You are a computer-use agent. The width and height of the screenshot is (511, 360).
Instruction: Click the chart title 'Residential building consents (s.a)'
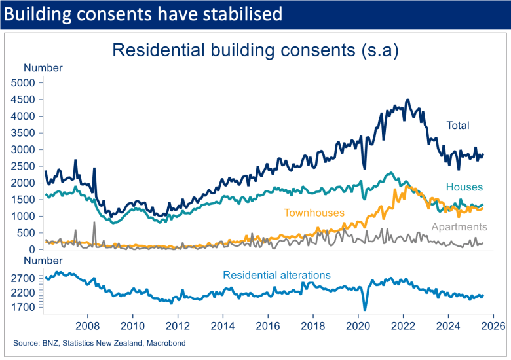(x=255, y=50)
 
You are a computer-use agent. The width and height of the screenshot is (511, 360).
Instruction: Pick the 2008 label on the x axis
(x=88, y=325)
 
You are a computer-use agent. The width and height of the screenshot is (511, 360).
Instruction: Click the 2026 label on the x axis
(x=493, y=325)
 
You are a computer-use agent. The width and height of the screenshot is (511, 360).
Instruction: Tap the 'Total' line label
(x=458, y=125)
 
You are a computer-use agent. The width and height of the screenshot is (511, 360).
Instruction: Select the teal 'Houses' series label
(x=464, y=187)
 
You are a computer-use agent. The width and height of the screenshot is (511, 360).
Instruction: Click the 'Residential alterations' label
(x=276, y=275)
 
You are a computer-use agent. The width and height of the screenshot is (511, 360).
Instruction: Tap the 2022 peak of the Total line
(x=407, y=100)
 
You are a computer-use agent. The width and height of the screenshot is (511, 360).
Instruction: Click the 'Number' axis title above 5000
(x=43, y=68)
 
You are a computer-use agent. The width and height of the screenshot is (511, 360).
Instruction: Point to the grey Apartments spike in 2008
(x=94, y=223)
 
